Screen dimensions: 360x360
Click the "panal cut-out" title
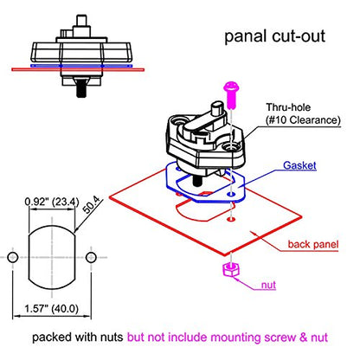(274, 37)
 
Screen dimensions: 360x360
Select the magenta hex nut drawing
(231, 270)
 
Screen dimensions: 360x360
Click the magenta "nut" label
(268, 285)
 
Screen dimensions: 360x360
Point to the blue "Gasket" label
(299, 165)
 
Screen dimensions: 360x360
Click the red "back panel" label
(313, 244)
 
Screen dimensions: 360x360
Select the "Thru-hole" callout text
(288, 107)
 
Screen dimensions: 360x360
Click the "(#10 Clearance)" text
(303, 120)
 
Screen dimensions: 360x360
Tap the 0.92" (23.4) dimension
(52, 202)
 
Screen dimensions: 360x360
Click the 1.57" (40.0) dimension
(51, 309)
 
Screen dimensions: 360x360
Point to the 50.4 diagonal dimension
(91, 204)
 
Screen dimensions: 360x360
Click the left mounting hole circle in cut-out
(13, 257)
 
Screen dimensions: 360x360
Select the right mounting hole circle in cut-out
(91, 257)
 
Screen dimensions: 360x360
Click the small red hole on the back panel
(231, 220)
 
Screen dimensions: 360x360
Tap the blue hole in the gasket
(230, 195)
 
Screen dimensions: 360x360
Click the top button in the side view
(81, 21)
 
